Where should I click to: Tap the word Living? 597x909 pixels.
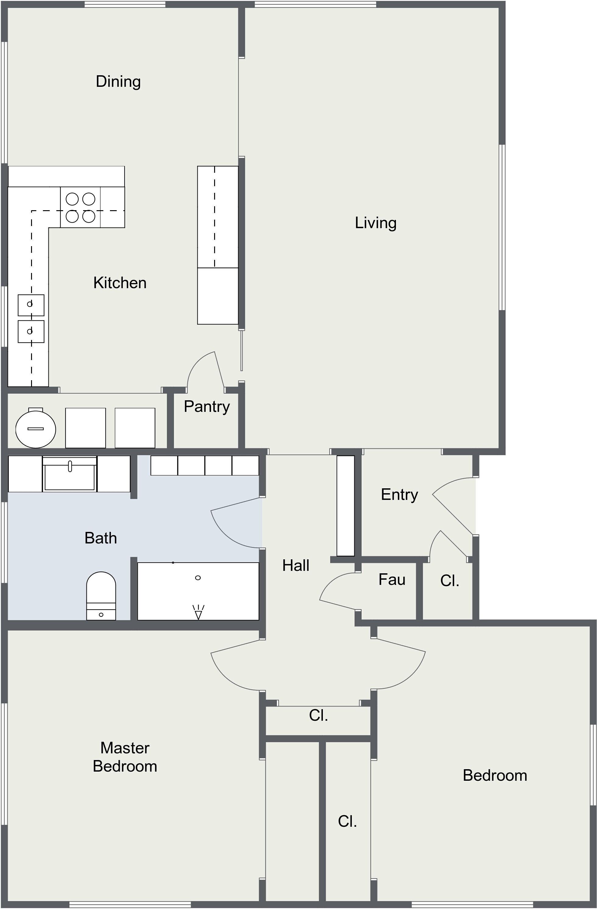point(376,223)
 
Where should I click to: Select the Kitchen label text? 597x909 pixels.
point(120,283)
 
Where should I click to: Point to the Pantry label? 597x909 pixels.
point(207,407)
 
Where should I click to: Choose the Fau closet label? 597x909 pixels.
point(392,580)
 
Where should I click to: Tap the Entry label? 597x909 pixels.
point(400,495)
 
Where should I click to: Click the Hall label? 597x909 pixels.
point(296,566)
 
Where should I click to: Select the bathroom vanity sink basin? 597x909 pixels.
point(69,474)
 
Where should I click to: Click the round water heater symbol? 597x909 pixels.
point(36,428)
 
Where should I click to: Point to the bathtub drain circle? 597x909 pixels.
point(198,578)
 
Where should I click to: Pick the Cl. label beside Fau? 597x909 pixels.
point(450,581)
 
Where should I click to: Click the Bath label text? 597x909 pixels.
point(101,538)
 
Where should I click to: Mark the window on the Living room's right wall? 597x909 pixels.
point(503,228)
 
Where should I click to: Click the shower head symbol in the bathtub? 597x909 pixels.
point(198,612)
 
